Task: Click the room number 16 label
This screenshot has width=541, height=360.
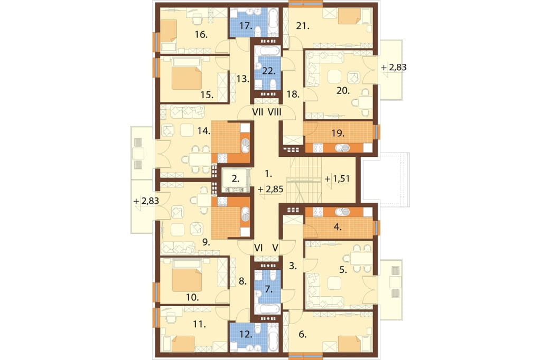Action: click(201, 34)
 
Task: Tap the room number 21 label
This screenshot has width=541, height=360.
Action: click(303, 26)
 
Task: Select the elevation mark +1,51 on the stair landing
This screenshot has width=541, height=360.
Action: click(338, 178)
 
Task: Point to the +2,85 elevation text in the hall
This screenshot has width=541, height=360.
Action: click(270, 189)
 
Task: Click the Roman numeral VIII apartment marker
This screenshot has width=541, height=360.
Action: click(274, 112)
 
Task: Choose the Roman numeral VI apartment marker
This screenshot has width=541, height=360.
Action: click(258, 248)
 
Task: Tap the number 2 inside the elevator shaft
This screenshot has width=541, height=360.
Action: click(235, 178)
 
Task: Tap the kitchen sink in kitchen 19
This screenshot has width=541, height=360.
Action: click(342, 148)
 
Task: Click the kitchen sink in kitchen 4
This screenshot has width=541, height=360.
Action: click(342, 211)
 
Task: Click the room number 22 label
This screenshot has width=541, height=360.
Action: click(269, 71)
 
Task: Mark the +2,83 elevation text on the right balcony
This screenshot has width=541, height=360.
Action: click(394, 67)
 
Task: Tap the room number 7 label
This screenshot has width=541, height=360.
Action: click(269, 289)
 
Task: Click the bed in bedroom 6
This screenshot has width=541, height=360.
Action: click(350, 344)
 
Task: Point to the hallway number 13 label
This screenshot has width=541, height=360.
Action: click(243, 79)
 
